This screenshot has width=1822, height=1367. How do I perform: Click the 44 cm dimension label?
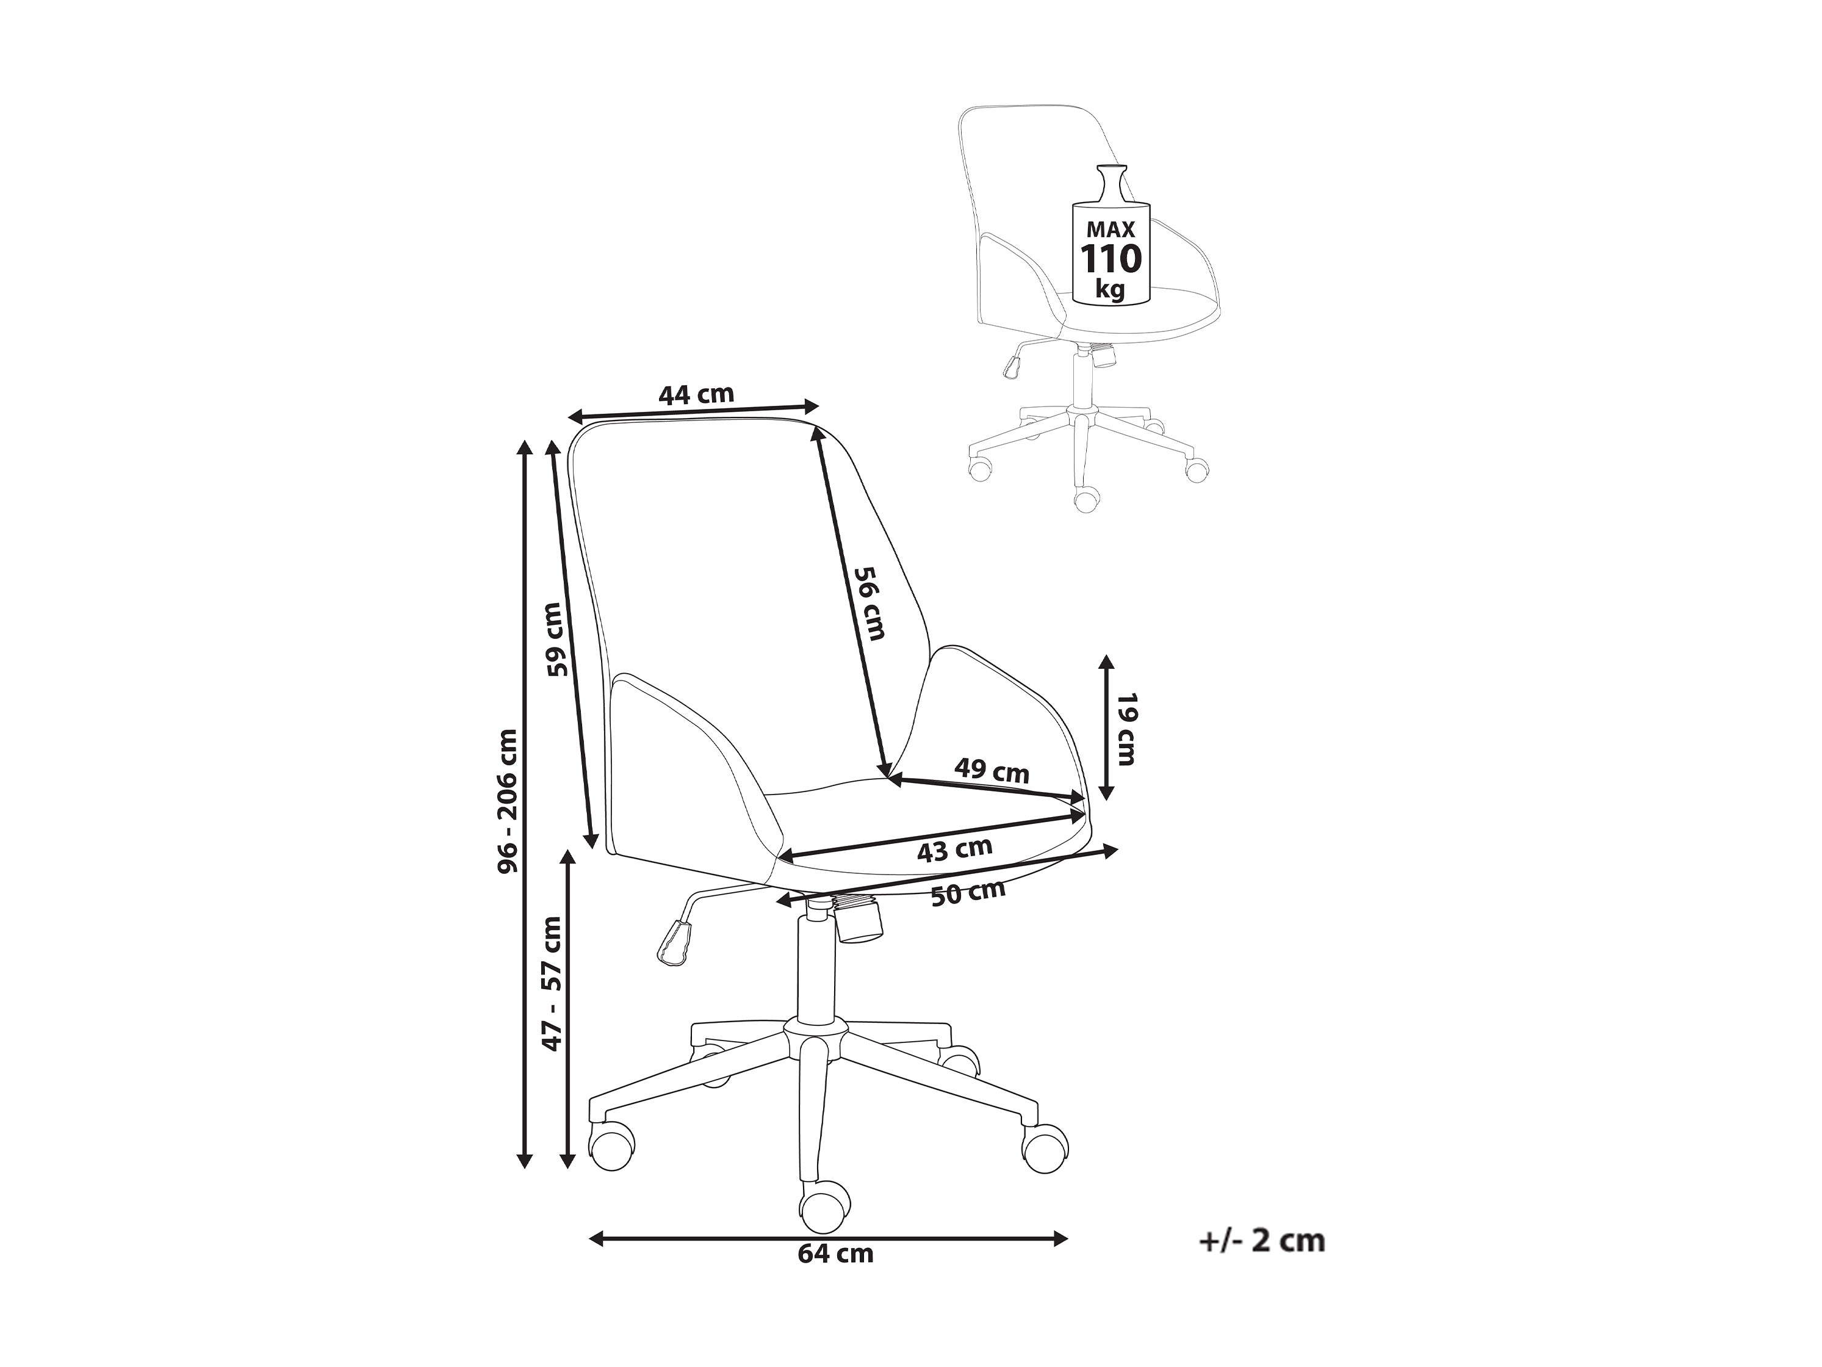click(696, 395)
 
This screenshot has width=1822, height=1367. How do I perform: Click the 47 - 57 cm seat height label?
click(551, 983)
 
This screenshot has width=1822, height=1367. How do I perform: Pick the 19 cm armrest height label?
click(1125, 729)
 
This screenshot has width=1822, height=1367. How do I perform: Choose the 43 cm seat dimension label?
click(955, 849)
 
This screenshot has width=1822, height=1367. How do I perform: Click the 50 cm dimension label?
click(968, 892)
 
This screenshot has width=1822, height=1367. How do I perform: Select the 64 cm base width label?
click(835, 1277)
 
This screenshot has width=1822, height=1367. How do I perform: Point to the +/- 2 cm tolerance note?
click(1262, 1264)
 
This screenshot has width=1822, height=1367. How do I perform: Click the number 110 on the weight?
click(1111, 259)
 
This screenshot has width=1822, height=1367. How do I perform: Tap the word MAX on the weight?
click(1111, 229)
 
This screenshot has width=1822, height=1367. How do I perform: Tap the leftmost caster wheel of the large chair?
click(612, 1146)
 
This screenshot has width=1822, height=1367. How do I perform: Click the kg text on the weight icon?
click(1111, 289)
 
